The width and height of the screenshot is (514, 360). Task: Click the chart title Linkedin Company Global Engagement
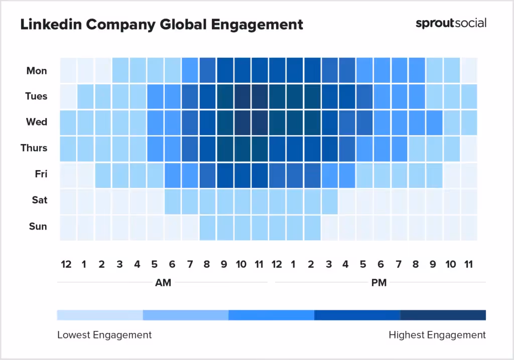coord(161,24)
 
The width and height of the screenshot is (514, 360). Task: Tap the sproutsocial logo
coord(451,23)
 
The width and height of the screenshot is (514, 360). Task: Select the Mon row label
coord(37,71)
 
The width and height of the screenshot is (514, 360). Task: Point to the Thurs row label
coord(34,148)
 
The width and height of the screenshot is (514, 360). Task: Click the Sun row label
coord(38,226)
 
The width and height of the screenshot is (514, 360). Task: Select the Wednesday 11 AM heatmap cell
coord(260,123)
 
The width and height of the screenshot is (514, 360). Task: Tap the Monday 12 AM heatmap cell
coord(68,71)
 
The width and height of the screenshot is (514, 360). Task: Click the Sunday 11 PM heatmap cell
coord(469,227)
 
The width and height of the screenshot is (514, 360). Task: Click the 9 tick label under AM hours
coord(224,265)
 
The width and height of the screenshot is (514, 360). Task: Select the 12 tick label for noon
coord(277,265)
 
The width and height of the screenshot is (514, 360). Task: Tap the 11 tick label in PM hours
coord(468,265)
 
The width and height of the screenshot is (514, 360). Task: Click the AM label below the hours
coord(163,283)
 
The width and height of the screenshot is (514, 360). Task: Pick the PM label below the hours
coord(378,283)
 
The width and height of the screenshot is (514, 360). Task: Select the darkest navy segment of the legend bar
coord(443,315)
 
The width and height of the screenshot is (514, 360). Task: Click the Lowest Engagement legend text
coord(104,335)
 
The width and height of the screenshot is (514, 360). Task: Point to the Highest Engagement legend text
coord(437,335)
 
